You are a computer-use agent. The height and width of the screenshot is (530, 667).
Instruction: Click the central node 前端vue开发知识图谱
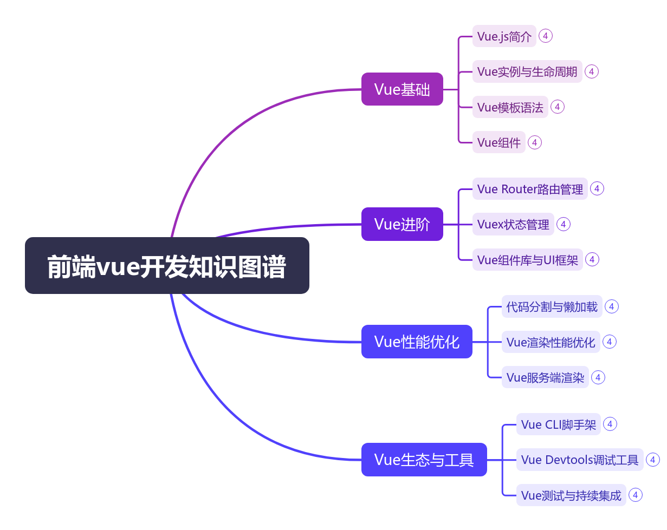point(167,266)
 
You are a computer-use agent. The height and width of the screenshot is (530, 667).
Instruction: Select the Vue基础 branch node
point(402,89)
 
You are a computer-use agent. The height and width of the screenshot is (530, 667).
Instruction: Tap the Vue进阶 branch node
point(402,224)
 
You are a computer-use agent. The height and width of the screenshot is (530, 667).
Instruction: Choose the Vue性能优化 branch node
point(417,342)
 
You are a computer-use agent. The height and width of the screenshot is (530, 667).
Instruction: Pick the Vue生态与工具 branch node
point(424,460)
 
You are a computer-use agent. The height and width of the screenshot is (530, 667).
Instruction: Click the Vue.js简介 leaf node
point(504,36)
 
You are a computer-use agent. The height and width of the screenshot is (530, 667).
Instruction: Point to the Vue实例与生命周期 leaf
point(527,71)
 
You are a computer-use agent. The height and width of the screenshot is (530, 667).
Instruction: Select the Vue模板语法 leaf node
point(510,107)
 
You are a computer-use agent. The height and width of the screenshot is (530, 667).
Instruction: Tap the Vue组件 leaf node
point(498,142)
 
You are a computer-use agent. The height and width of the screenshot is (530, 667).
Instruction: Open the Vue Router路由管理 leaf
point(529,189)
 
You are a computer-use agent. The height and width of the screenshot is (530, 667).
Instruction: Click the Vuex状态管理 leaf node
point(513,224)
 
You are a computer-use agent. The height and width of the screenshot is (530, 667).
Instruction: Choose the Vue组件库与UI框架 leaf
point(527,260)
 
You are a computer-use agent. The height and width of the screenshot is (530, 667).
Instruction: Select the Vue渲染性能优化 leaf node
point(551,342)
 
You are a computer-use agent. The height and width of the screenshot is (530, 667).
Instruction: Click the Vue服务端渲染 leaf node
point(545,377)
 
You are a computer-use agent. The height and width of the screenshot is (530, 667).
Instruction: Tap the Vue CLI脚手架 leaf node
point(558,424)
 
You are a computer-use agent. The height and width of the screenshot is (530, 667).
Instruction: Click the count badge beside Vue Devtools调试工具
point(653,460)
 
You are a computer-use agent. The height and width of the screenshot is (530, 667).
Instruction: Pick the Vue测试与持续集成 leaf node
point(571,495)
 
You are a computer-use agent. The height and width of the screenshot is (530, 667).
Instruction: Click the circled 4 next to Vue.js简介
point(546,36)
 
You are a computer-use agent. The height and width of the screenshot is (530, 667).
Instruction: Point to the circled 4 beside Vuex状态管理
point(564,224)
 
